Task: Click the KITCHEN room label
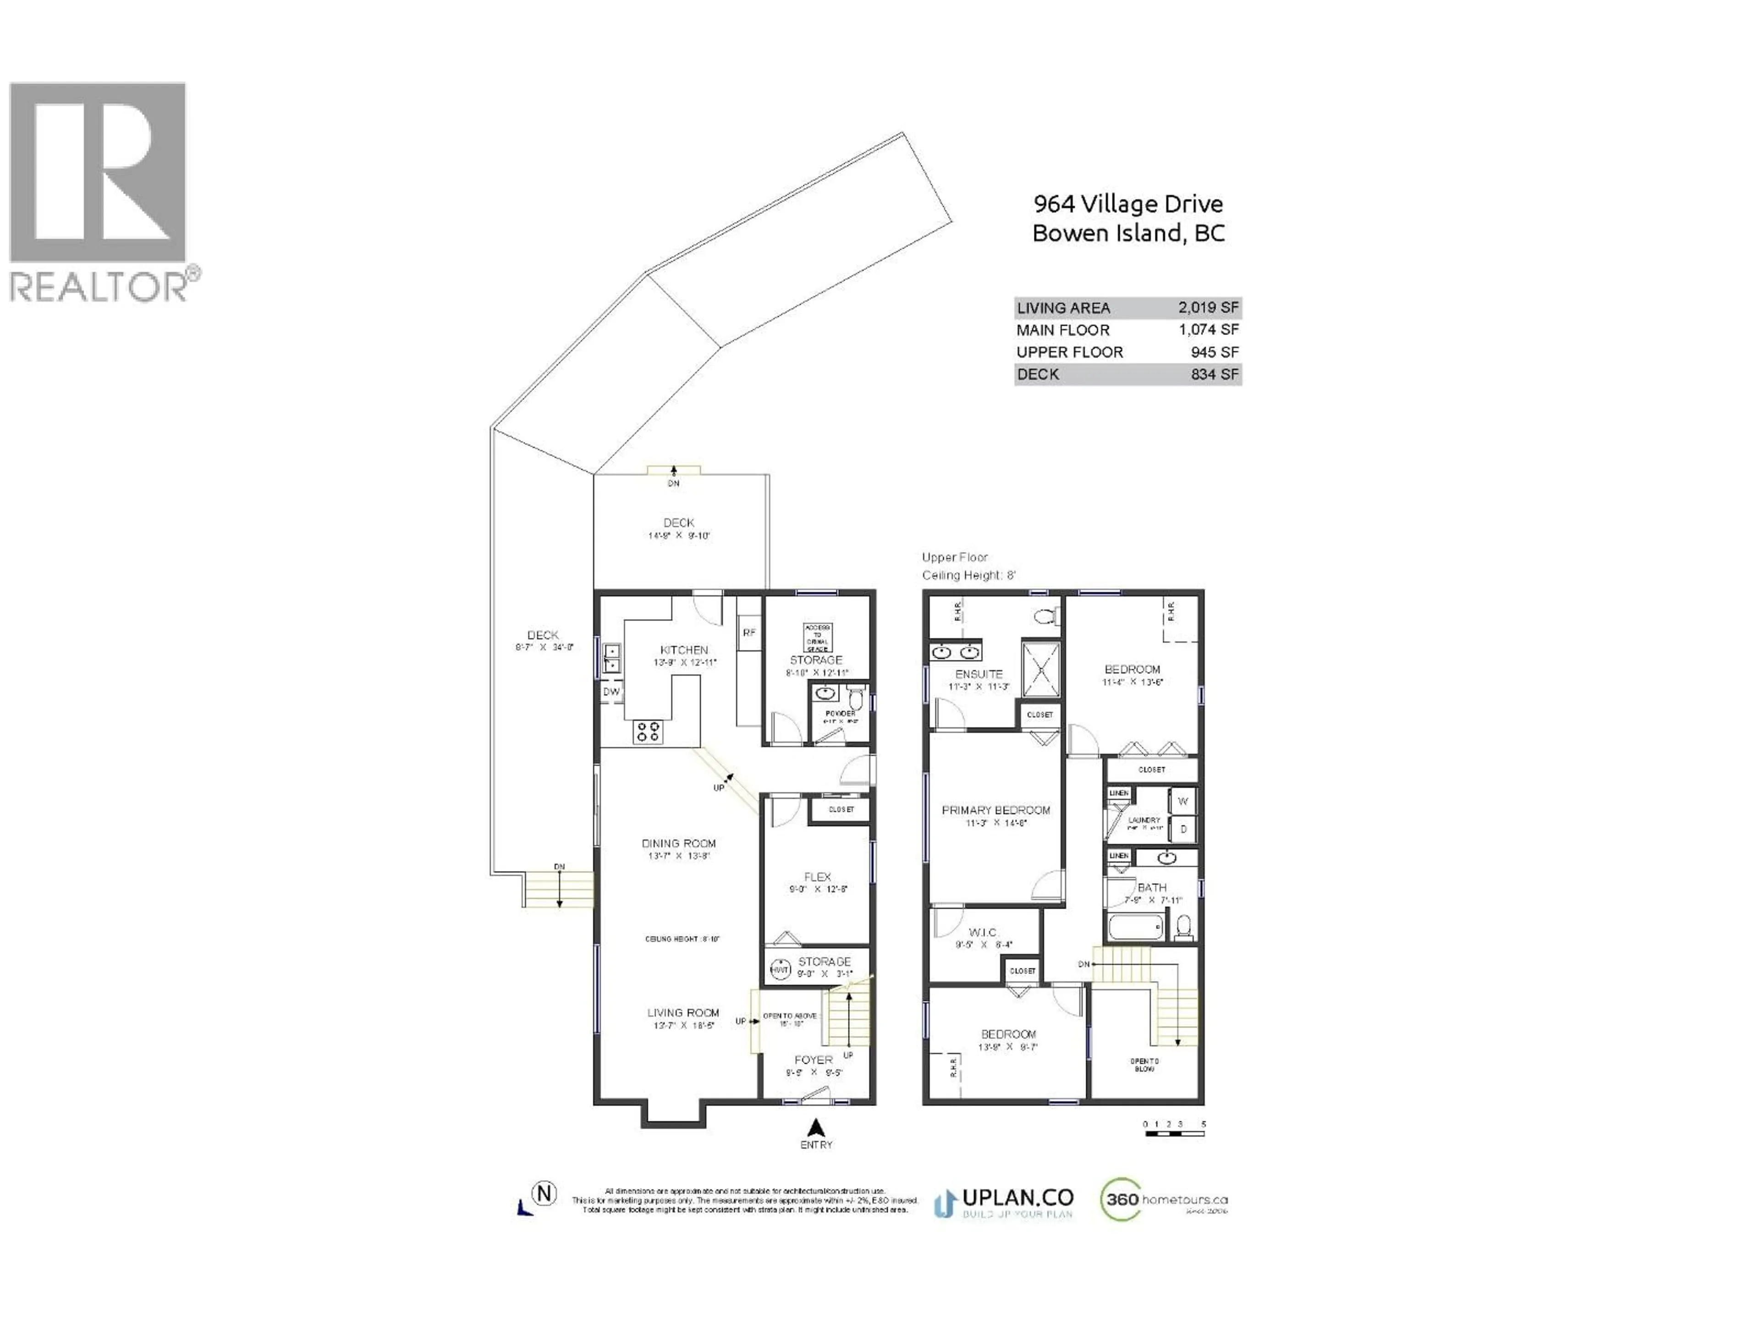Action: (683, 650)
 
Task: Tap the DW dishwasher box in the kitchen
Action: (611, 692)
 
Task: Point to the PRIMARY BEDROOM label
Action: (995, 810)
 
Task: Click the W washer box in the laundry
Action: (1182, 801)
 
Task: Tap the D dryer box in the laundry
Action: (1183, 829)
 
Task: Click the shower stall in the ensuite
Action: (1041, 669)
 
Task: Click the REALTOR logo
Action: (99, 191)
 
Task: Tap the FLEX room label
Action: (817, 877)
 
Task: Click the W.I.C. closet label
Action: (983, 933)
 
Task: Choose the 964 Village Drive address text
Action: (1127, 204)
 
